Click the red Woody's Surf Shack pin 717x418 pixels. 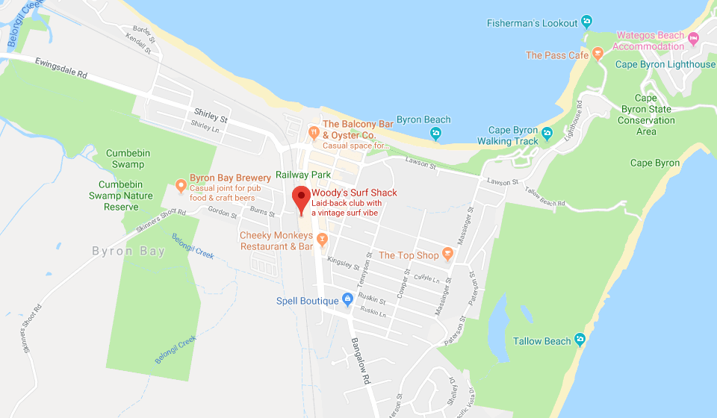tap(300, 197)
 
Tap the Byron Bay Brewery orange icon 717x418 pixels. tap(180, 184)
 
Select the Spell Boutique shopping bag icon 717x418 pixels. tap(347, 299)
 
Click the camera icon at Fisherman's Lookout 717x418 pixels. tap(587, 22)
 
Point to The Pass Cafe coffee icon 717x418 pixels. tap(597, 54)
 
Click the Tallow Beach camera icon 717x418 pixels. tap(580, 340)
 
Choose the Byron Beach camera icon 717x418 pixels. tap(435, 134)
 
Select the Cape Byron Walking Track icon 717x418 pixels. tap(547, 134)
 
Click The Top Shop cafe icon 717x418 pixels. tap(447, 255)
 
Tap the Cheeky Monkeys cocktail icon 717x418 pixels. tap(323, 240)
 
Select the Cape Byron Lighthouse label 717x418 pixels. tap(665, 64)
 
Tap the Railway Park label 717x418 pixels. tap(302, 175)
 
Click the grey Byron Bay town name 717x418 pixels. tap(128, 252)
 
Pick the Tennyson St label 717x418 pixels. tap(368, 265)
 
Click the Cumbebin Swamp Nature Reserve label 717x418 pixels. tap(126, 196)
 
